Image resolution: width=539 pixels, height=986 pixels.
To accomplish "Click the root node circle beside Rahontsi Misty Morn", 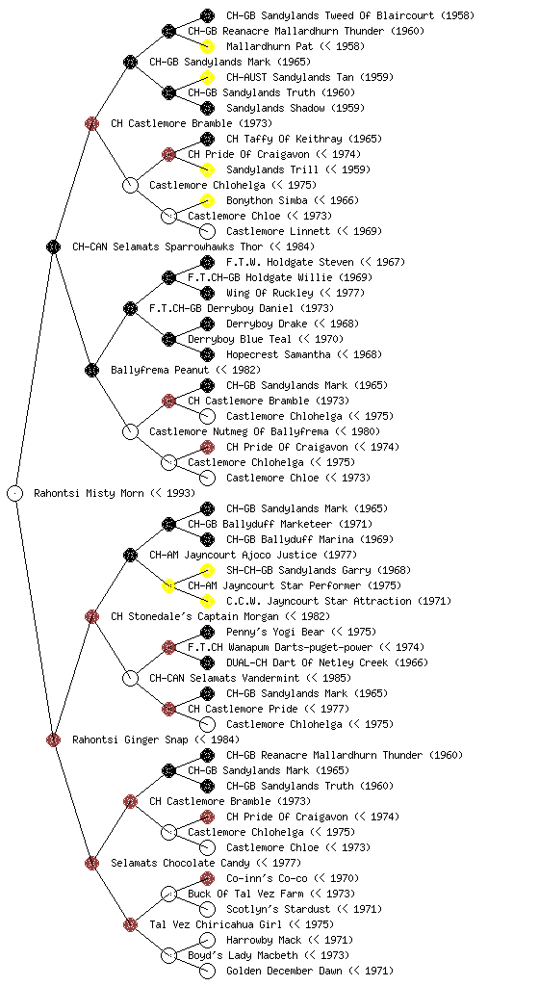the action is coord(15,493).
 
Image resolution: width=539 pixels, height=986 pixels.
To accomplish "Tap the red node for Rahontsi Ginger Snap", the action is coord(53,739).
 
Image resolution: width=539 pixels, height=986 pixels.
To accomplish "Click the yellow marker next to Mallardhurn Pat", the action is coord(207,46).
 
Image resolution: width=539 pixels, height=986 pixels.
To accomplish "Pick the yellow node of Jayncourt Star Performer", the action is coord(168,585).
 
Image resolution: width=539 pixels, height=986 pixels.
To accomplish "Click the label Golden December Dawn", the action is coord(285,971).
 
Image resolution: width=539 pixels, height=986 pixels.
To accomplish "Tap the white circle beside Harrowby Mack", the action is coord(207,940).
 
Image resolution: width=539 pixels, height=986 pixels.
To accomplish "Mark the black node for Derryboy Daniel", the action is coord(130,308).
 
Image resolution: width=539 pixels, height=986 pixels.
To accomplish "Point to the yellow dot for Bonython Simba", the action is coord(207,200).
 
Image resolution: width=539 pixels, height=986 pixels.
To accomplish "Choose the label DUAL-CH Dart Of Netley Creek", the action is coord(307,662).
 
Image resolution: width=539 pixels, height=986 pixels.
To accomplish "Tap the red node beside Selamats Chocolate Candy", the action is coord(91,863).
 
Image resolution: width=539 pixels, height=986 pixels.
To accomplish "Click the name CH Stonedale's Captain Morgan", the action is coord(194,616).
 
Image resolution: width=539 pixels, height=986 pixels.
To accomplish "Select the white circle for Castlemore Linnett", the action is coord(207,231).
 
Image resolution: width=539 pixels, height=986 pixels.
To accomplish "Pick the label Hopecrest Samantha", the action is coord(278,354).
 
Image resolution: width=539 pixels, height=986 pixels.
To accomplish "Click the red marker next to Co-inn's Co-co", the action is coord(207,878).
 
